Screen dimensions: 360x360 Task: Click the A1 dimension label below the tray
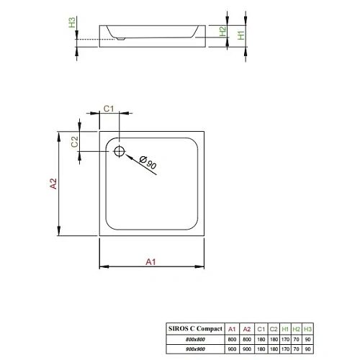pos(150,261)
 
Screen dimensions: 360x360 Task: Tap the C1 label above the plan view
pos(108,107)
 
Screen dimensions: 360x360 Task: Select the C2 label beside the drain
pos(74,142)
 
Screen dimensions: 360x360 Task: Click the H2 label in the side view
pos(222,32)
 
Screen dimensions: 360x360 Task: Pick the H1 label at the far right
pos(241,32)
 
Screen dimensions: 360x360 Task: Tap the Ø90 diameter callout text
pos(150,163)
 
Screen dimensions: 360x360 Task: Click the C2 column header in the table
pos(274,326)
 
